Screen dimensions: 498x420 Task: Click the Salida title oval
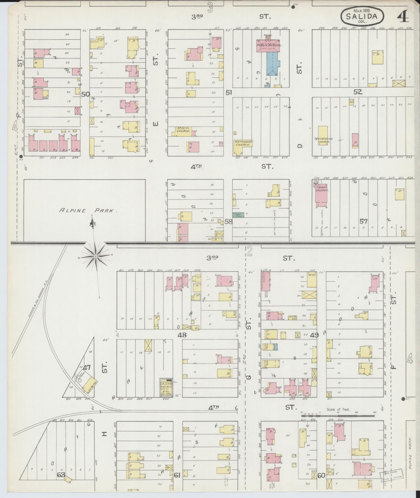tap(362, 16)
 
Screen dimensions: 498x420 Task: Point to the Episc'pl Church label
tap(184, 130)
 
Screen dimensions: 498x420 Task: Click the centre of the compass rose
tap(96, 256)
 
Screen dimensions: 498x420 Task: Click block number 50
tap(85, 94)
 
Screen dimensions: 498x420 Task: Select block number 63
tap(61, 475)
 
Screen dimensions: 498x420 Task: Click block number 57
tap(363, 222)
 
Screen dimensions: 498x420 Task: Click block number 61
tap(177, 475)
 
